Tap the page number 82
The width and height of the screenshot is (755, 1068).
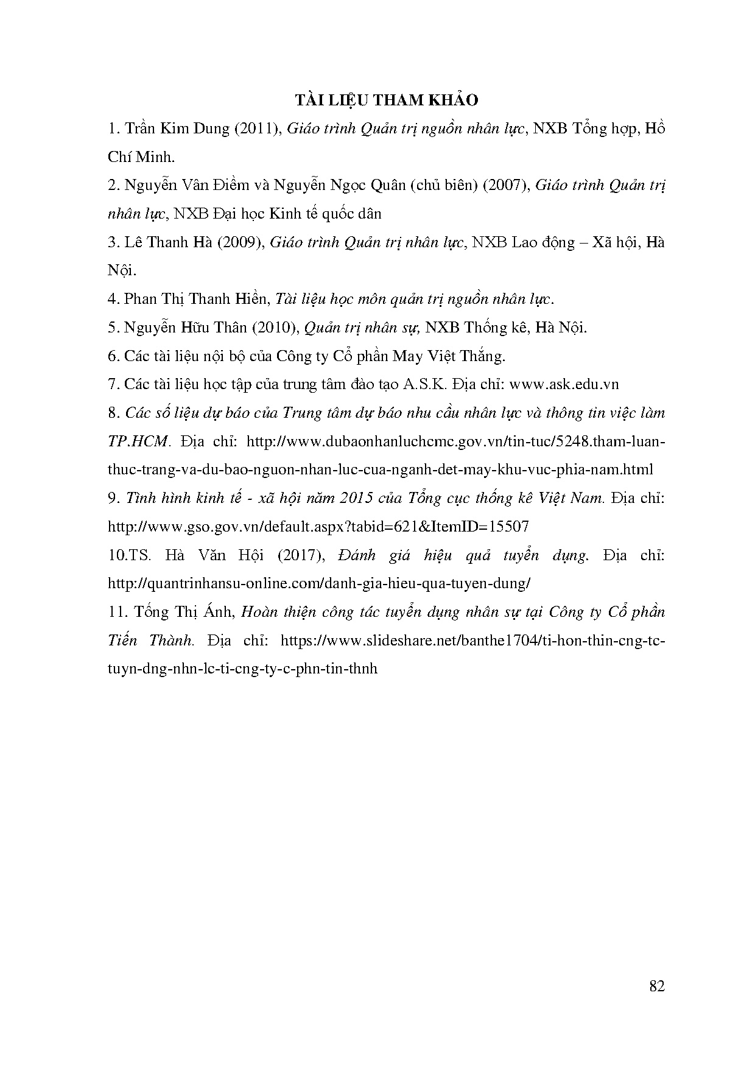click(657, 987)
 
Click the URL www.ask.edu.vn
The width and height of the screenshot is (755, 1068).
click(564, 384)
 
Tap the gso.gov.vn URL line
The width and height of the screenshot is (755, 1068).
click(318, 527)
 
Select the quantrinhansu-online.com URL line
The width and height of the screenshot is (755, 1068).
click(319, 583)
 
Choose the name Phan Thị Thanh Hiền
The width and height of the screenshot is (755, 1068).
click(195, 299)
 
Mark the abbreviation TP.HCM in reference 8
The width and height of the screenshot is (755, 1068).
click(137, 441)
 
